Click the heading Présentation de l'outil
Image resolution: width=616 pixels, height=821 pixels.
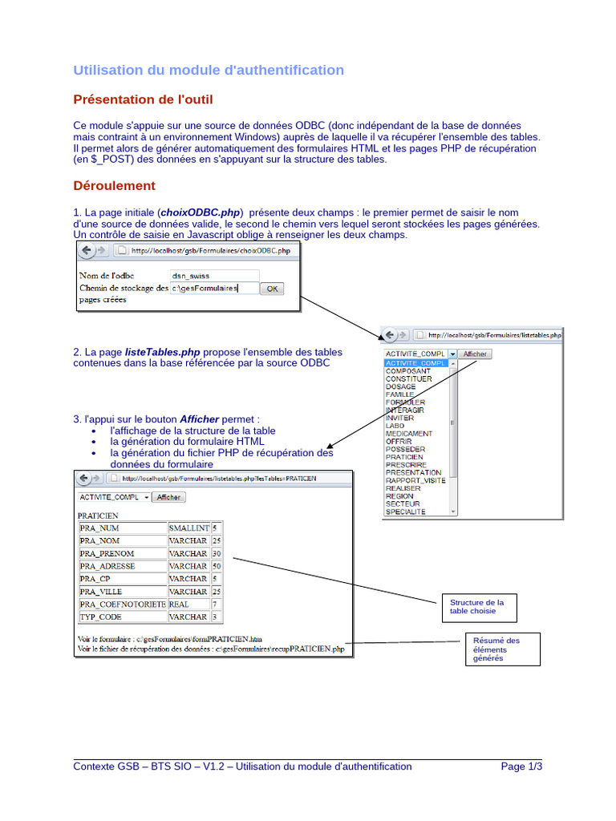point(143,99)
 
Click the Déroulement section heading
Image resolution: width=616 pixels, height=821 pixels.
point(114,186)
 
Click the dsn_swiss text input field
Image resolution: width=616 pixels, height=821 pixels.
point(214,275)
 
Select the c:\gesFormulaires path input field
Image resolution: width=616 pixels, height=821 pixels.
point(214,288)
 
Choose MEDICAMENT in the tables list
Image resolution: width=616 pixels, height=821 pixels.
point(409,434)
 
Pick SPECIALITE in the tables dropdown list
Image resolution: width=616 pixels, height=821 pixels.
point(406,512)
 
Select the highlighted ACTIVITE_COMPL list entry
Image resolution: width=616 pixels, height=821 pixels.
point(415,363)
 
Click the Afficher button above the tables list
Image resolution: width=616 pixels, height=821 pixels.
point(475,354)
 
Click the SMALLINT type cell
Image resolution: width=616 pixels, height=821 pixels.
point(188,528)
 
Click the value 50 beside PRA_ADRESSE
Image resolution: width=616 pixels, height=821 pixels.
point(216,566)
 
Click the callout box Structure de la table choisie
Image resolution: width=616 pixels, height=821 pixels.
point(477,607)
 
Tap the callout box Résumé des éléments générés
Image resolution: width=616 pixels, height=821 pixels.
point(496,649)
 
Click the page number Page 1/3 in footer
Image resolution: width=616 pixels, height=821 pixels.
point(521,766)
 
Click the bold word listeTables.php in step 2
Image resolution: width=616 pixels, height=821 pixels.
point(163,352)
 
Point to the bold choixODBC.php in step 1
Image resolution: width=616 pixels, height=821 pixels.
point(201,212)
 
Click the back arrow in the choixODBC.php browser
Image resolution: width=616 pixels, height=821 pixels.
point(86,250)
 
